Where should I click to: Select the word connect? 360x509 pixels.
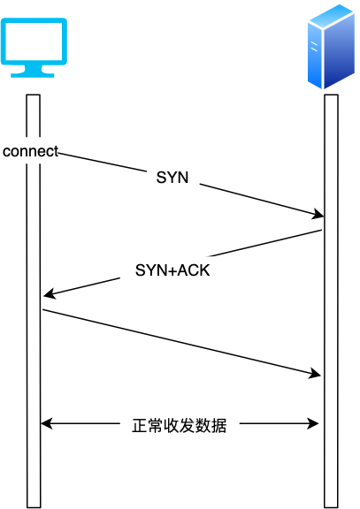[30, 151]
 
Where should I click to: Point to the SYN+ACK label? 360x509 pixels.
[172, 270]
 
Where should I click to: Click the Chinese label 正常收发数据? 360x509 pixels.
[180, 426]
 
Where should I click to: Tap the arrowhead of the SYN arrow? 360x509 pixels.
[318, 215]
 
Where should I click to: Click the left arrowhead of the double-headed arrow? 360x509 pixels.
[46, 424]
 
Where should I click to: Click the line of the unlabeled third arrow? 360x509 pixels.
[177, 342]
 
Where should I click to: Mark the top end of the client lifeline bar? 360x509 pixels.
[34, 95]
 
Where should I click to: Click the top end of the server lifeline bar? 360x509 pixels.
[331, 95]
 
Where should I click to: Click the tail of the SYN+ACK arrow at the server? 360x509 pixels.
[321, 231]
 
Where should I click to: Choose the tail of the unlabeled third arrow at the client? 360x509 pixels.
[43, 309]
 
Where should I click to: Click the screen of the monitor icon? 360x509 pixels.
[34, 41]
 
